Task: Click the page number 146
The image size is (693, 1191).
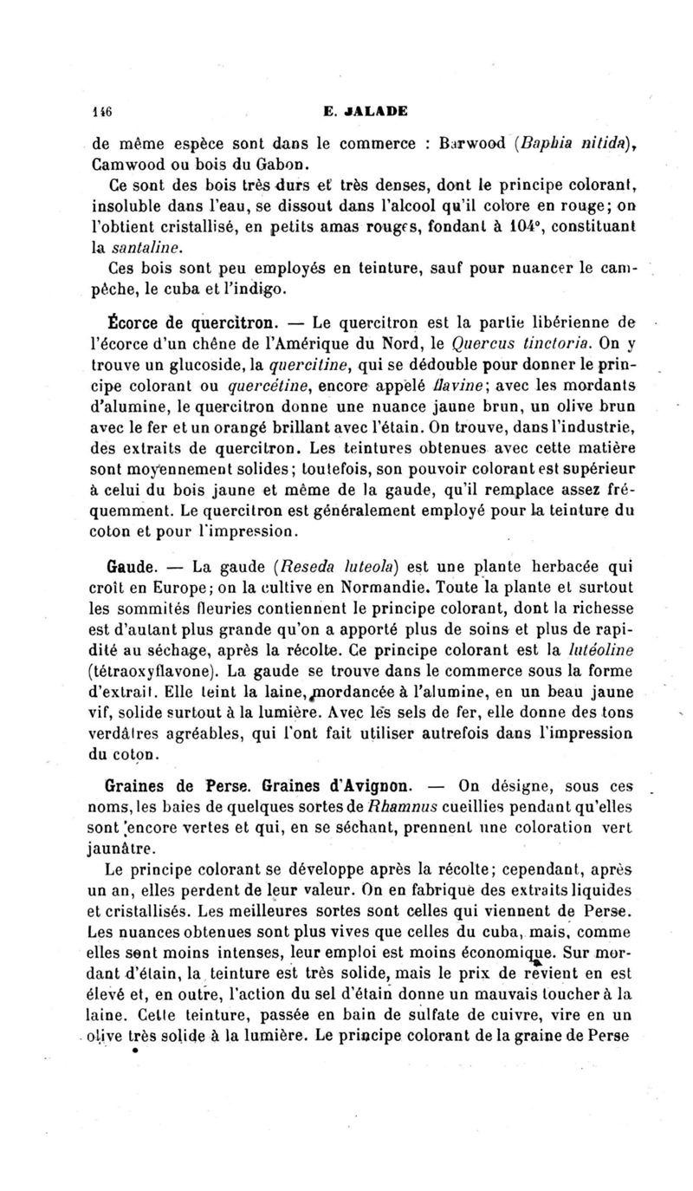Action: [x=107, y=110]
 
